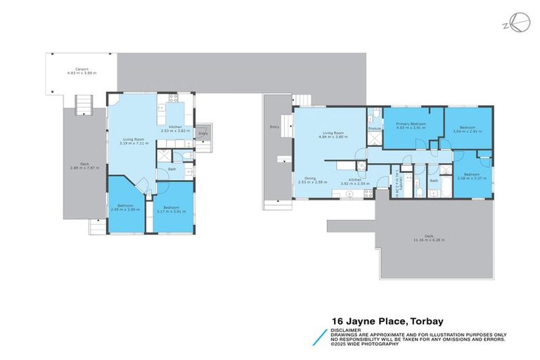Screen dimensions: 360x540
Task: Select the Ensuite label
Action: pos(374,129)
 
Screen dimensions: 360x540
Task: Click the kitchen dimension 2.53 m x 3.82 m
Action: pos(176,131)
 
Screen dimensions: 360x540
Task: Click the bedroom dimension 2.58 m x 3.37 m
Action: pos(470,177)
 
